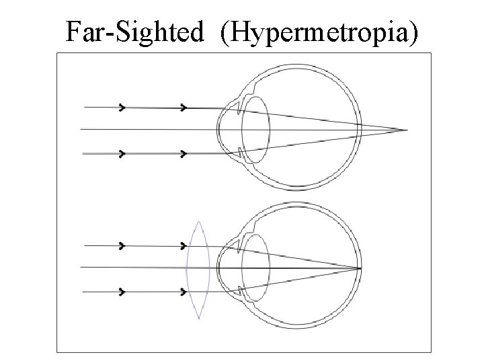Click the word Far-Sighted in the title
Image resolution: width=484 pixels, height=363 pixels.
(x=134, y=32)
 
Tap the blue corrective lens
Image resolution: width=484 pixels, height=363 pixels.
(x=198, y=269)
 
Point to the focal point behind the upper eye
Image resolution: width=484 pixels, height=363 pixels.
(x=407, y=129)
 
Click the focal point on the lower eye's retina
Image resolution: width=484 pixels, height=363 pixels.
(x=361, y=268)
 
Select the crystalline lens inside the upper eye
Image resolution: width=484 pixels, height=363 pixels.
(x=256, y=129)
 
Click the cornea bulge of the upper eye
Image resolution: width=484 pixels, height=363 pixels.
(x=221, y=129)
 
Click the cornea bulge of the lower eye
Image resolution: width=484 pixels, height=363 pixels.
(x=221, y=268)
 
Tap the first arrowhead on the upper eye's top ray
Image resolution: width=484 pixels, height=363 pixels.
(x=122, y=107)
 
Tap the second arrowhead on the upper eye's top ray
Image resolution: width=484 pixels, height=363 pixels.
(x=184, y=107)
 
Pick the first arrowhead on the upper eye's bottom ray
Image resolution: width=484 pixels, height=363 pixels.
(x=122, y=153)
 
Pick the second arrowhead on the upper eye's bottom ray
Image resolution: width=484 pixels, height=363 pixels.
(x=184, y=153)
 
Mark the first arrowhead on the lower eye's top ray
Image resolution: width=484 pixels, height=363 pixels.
(x=122, y=245)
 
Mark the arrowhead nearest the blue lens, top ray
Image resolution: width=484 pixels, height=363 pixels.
(x=184, y=245)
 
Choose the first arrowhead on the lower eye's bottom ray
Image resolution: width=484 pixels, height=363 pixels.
(x=122, y=292)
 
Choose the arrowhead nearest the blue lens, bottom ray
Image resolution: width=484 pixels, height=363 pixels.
(x=184, y=292)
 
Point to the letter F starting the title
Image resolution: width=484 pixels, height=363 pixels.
(x=73, y=32)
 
